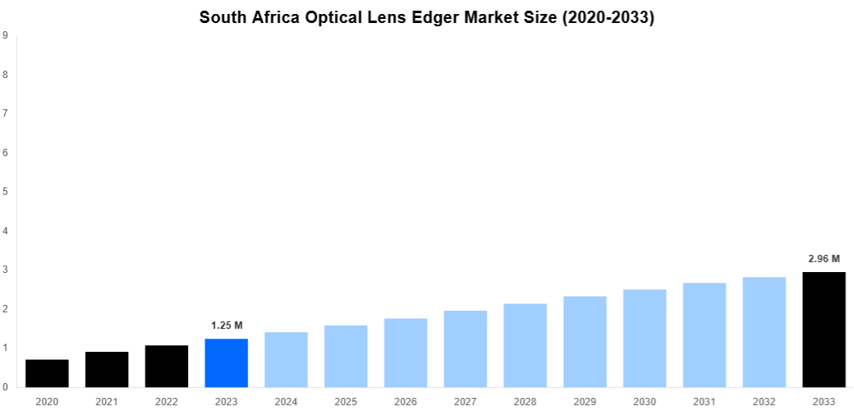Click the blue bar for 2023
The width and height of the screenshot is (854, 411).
click(x=226, y=363)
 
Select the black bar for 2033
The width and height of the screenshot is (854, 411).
click(x=824, y=330)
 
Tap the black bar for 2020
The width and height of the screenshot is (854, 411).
click(x=47, y=373)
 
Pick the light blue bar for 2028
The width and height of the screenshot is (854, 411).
click(x=525, y=345)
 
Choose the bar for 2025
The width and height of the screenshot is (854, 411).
click(x=346, y=356)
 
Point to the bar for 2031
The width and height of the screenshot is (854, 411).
click(x=705, y=335)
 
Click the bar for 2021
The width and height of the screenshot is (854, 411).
click(x=107, y=369)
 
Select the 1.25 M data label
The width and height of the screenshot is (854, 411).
click(x=226, y=326)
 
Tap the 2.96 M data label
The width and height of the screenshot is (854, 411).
click(x=824, y=259)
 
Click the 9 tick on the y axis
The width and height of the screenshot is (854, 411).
click(x=6, y=35)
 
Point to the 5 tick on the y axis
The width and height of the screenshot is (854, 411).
click(x=6, y=192)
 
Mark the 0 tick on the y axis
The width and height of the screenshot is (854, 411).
click(x=6, y=387)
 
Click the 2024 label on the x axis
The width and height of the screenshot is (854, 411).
click(x=286, y=401)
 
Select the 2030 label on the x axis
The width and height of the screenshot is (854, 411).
click(x=645, y=401)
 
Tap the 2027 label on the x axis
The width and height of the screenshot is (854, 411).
click(x=465, y=401)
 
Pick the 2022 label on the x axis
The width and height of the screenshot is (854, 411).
click(x=166, y=401)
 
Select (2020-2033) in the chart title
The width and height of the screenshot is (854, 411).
click(x=608, y=17)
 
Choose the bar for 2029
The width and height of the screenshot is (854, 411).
click(x=585, y=341)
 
